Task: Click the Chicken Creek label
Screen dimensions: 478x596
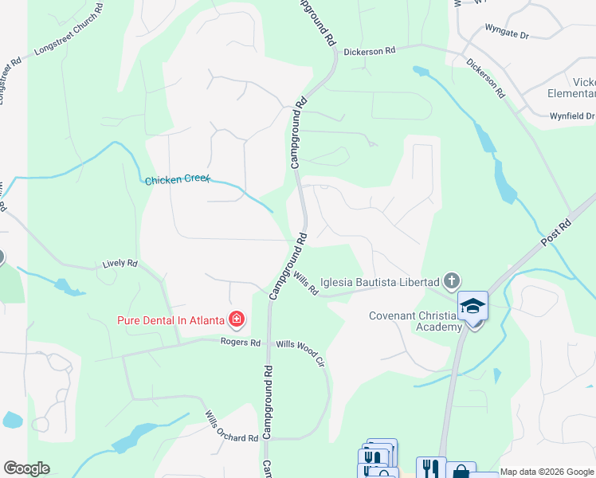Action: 177,180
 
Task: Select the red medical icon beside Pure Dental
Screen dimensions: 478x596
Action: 236,320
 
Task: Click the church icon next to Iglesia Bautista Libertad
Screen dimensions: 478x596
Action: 452,280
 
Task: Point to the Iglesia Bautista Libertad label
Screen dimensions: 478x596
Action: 379,282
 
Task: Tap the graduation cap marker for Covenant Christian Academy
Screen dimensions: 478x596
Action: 472,307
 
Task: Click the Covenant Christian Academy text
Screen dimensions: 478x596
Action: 415,321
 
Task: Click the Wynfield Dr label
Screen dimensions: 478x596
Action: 572,116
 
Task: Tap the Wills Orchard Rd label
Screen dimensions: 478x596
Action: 231,427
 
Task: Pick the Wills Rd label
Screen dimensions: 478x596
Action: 305,283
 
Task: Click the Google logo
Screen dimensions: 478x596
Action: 26,468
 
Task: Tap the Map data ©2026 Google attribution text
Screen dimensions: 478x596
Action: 547,472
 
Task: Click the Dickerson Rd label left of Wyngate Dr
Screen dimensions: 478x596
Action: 370,51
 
